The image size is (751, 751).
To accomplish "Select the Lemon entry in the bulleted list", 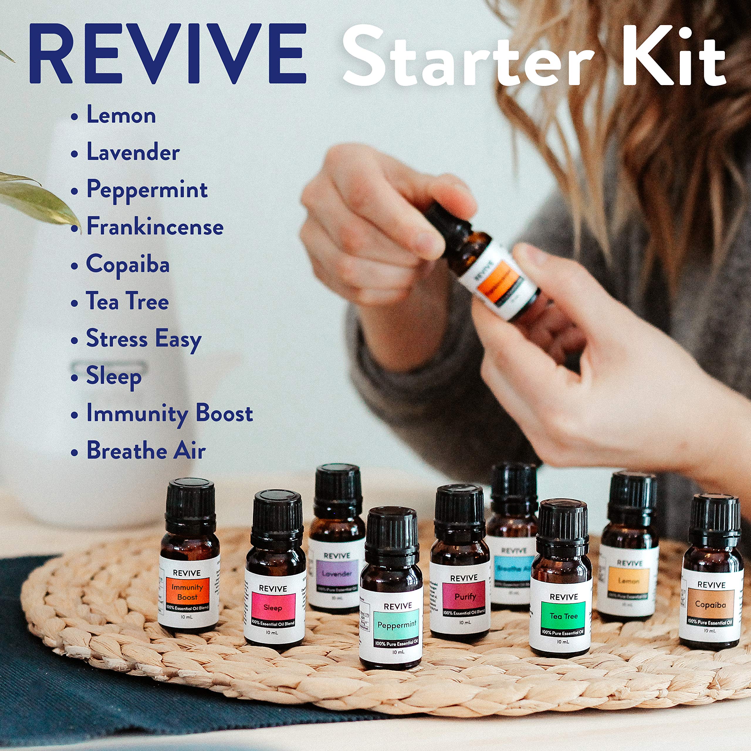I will [x=121, y=116].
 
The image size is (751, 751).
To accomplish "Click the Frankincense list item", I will [x=154, y=227].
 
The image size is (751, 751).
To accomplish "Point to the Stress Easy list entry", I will [x=143, y=339].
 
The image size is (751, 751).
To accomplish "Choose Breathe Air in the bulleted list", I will [x=146, y=451].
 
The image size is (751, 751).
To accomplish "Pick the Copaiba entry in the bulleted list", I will [x=128, y=264].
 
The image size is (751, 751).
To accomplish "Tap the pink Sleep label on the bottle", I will [x=273, y=608].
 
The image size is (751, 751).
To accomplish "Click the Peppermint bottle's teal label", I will [x=397, y=625].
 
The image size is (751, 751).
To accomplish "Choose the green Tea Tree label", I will [x=563, y=616].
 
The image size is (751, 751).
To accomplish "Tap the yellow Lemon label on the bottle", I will [x=629, y=581].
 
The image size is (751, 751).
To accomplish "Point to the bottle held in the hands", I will [x=490, y=264].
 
